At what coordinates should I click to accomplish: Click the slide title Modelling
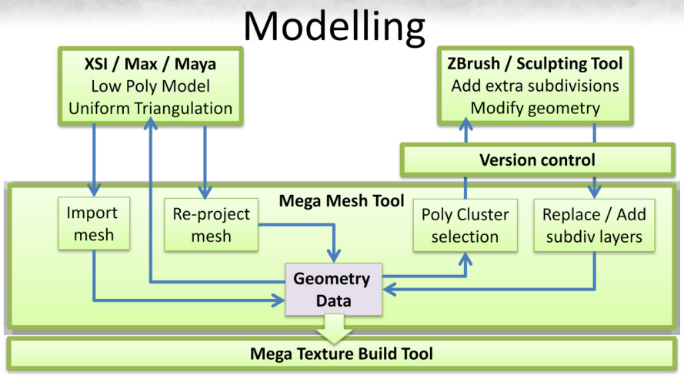click(334, 27)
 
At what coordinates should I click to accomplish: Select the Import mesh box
click(94, 223)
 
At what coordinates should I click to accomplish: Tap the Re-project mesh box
click(211, 225)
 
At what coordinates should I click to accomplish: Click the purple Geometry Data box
click(334, 289)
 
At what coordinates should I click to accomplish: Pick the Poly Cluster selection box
click(465, 225)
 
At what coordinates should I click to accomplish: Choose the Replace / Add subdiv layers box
click(594, 225)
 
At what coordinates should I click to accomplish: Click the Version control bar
click(537, 159)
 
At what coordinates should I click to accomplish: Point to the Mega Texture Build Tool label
click(342, 354)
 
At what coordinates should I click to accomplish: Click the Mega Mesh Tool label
click(342, 201)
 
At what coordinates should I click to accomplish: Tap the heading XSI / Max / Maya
click(151, 64)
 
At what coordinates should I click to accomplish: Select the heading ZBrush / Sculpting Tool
click(536, 63)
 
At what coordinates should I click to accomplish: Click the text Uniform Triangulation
click(151, 109)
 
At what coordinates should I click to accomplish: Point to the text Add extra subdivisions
click(536, 86)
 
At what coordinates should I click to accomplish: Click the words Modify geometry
click(536, 108)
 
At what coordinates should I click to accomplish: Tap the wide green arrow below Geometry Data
click(334, 328)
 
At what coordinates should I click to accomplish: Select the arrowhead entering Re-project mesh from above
click(205, 192)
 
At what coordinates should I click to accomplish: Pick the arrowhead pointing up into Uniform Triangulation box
click(151, 124)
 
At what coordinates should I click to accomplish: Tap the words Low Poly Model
click(151, 86)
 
